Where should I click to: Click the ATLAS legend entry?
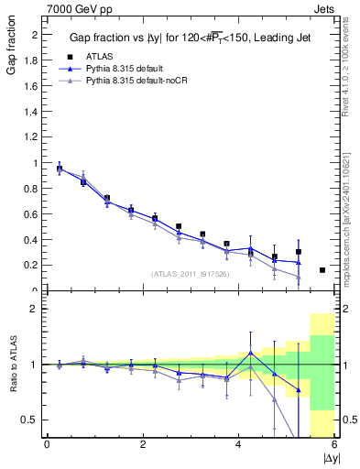pos(98,57)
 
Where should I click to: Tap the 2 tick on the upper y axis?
pos(33,35)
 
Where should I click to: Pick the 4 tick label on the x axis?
pos(239,445)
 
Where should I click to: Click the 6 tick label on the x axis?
pos(335,445)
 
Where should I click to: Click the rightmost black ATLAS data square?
pos(322,270)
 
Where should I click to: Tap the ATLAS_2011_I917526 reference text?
pos(190,273)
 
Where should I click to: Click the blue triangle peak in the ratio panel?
pos(250,352)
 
